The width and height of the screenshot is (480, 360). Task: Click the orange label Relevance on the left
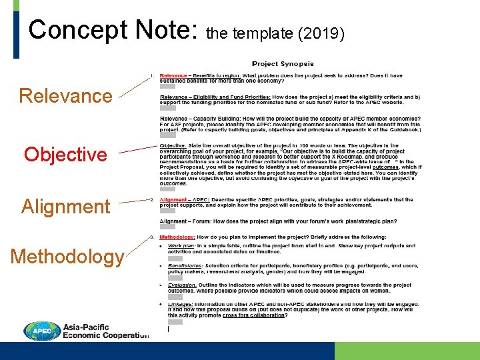pyautogui.click(x=65, y=96)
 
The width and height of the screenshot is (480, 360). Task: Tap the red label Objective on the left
pyautogui.click(x=65, y=155)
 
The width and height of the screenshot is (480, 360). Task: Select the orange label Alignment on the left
pyautogui.click(x=65, y=207)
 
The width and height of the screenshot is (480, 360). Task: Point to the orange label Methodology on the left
pyautogui.click(x=67, y=257)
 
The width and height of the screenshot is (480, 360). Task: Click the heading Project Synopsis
pyautogui.click(x=283, y=64)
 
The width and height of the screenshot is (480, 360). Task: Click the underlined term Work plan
pyautogui.click(x=181, y=245)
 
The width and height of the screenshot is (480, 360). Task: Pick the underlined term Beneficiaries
pyautogui.click(x=186, y=265)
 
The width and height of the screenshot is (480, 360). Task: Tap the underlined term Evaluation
pyautogui.click(x=182, y=285)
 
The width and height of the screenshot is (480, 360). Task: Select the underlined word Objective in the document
pyautogui.click(x=173, y=145)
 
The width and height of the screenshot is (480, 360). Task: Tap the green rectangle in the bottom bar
pyautogui.click(x=407, y=351)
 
